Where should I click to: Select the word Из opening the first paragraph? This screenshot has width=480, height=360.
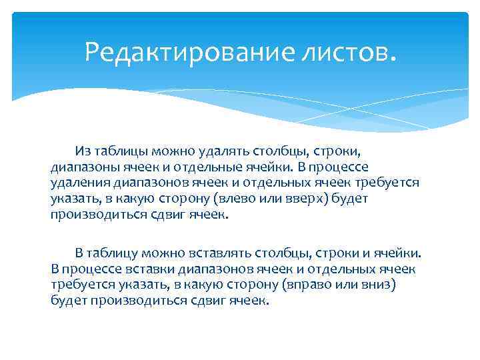[x=83, y=151]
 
